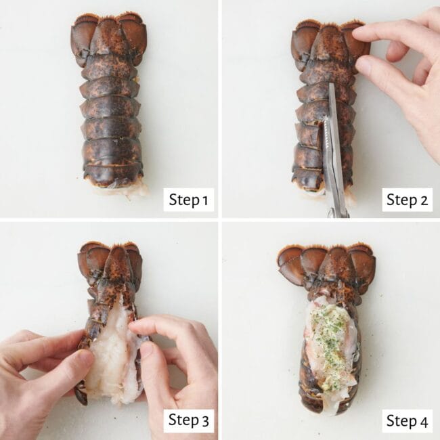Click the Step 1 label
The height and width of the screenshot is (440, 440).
(x=188, y=200)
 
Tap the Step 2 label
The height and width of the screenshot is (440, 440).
(x=407, y=200)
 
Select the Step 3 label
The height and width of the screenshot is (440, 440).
(x=188, y=420)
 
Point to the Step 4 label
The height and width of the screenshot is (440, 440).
(x=407, y=420)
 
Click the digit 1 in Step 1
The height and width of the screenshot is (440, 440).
(x=205, y=200)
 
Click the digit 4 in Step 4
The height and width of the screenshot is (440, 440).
(x=424, y=420)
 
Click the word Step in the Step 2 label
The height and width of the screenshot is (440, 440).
(x=400, y=200)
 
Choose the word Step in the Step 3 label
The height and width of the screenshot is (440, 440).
(x=181, y=420)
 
